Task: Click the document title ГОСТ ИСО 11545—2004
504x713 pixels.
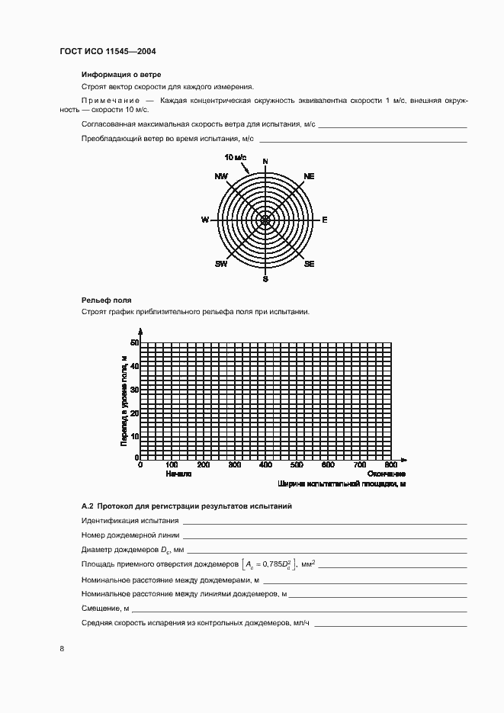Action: [108, 52]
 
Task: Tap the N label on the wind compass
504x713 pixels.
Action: [265, 162]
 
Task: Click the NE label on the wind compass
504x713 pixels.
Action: [309, 176]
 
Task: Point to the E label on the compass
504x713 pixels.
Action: [324, 220]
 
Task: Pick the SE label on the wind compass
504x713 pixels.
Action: [309, 264]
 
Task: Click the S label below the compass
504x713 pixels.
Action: [265, 279]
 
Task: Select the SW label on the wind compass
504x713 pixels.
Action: [221, 264]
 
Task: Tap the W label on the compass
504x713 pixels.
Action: [205, 220]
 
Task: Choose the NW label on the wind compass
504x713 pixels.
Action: [221, 176]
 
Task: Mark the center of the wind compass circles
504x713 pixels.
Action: [265, 220]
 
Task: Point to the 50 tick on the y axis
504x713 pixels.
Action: [134, 343]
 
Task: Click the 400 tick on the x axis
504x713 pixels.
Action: [265, 464]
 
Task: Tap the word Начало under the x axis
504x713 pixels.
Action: [177, 474]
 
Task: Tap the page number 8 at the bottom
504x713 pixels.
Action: [62, 648]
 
